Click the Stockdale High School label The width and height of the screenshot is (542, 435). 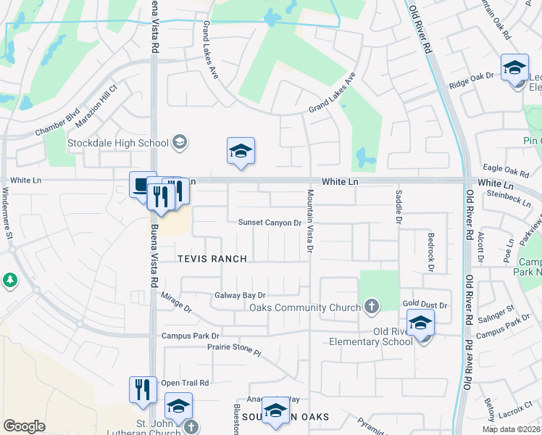117,143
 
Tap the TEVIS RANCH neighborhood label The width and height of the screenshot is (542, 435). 212,259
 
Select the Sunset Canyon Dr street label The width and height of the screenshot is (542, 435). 270,223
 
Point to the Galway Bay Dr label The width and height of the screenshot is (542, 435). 240,296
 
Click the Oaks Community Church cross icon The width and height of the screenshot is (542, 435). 372,306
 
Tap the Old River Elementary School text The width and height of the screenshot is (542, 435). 370,341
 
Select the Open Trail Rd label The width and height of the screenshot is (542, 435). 185,383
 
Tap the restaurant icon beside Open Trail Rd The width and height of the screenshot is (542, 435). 143,388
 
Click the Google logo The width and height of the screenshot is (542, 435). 24,426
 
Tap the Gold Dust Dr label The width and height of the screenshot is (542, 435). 425,306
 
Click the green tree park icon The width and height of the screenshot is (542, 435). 9,279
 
